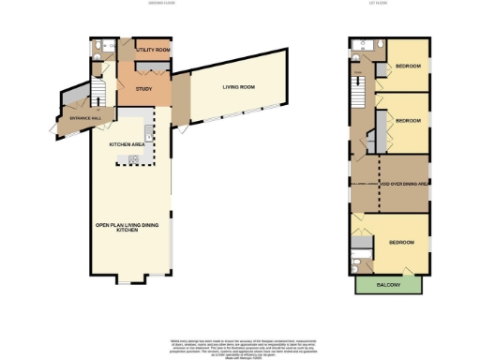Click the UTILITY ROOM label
(x=152, y=49)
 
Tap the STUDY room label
(x=143, y=89)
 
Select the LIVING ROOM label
(x=239, y=87)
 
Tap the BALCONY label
(x=389, y=285)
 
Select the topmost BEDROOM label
(x=408, y=67)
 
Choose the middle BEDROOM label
(x=408, y=121)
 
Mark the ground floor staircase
(x=94, y=91)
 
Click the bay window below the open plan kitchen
(x=129, y=279)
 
